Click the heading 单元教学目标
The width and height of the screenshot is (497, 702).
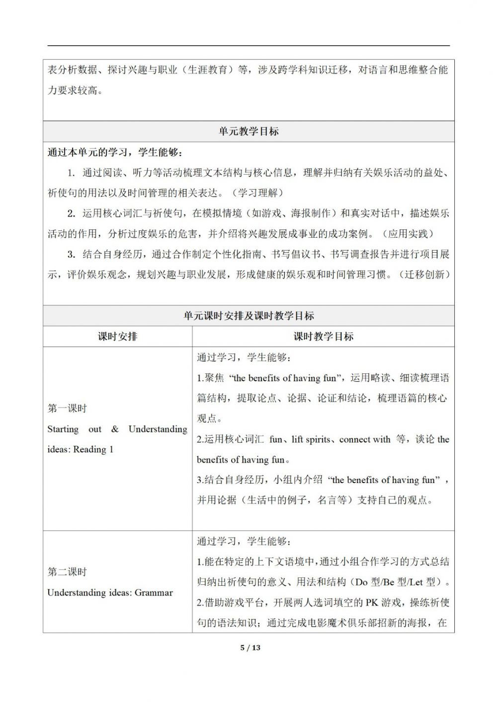click(x=248, y=132)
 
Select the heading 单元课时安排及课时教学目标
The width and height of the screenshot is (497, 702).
click(x=248, y=316)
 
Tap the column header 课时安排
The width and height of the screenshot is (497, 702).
click(x=117, y=337)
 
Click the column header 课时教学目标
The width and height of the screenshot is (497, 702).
click(x=323, y=337)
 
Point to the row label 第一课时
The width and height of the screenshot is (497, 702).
click(x=67, y=409)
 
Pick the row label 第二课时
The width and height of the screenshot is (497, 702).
click(x=67, y=572)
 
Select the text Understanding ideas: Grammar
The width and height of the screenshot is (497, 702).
click(x=110, y=592)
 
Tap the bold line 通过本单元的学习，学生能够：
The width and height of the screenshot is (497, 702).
click(x=118, y=152)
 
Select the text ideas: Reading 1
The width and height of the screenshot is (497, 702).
click(x=81, y=449)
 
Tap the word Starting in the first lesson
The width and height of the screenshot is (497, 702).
click(x=63, y=429)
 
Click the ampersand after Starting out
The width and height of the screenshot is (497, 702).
click(x=115, y=429)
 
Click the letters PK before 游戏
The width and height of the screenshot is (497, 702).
click(x=372, y=603)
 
